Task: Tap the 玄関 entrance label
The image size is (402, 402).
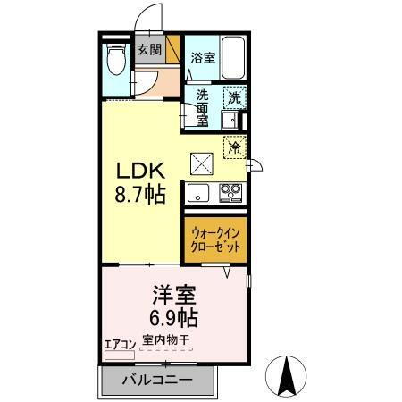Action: coord(147,50)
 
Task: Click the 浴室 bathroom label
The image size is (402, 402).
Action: coord(203,57)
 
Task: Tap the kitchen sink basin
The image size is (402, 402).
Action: coord(198,191)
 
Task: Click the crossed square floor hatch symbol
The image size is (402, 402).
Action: coord(203,162)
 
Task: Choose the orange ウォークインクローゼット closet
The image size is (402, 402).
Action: coord(215,239)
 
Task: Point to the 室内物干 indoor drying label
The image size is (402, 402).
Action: coord(165,341)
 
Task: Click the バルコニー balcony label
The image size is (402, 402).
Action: coord(156,380)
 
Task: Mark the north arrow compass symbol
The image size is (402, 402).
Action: coord(289,375)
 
